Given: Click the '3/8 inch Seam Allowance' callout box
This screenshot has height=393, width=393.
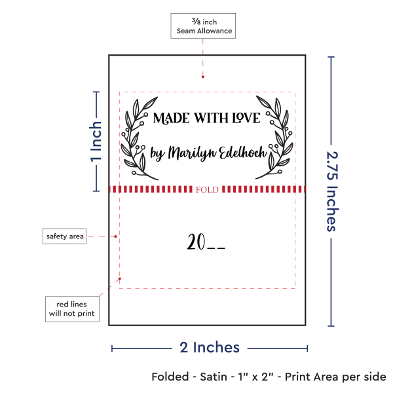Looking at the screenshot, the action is tap(203, 26).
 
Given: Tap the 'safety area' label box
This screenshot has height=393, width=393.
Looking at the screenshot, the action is tap(64, 236).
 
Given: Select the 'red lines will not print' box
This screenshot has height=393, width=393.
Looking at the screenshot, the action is tap(72, 309).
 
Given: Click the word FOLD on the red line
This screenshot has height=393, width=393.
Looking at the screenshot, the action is tap(207, 189).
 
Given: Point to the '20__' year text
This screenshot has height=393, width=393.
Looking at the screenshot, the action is tap(206, 242).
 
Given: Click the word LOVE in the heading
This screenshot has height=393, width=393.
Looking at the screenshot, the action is tap(246, 118).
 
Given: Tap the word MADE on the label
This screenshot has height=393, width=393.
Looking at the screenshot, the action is tap(171, 118).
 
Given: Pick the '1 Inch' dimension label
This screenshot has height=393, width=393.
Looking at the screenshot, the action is tap(96, 141).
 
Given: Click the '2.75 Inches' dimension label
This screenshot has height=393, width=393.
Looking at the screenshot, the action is tap(332, 191).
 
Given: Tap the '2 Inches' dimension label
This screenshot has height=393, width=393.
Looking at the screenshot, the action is tap(210, 347).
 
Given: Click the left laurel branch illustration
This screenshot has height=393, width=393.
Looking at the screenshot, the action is tap(138, 138).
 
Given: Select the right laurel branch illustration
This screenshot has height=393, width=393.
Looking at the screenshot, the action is tap(274, 138).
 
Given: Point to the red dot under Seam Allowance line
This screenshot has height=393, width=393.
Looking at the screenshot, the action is tap(203, 77).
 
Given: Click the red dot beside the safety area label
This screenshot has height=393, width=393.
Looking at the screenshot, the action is tap(115, 236).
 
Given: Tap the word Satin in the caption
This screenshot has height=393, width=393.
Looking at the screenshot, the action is tap(214, 377).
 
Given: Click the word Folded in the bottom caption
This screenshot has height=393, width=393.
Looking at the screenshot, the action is tap(170, 377).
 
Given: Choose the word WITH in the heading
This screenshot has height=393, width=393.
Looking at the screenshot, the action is tap(211, 118).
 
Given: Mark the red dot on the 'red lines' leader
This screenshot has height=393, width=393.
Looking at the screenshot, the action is tap(120, 279).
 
